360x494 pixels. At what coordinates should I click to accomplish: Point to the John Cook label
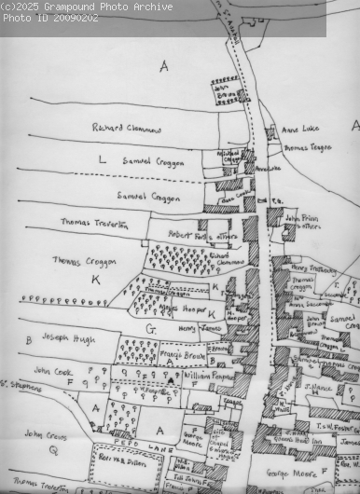[x=54, y=370]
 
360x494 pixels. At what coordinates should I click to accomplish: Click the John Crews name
[x=46, y=433]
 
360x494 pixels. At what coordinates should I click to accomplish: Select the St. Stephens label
[x=16, y=384]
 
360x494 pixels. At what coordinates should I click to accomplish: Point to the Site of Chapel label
[x=223, y=439]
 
